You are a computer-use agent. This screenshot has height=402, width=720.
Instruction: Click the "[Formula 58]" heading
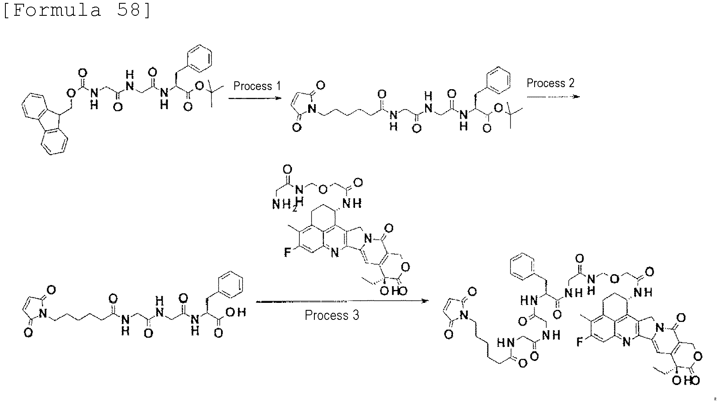(x=77, y=10)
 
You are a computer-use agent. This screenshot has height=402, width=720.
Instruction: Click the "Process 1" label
(x=257, y=86)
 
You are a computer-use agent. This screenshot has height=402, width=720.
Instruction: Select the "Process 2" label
(x=550, y=83)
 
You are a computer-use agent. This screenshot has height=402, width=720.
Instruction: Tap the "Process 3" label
(x=332, y=315)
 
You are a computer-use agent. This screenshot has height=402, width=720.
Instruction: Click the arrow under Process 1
(x=253, y=98)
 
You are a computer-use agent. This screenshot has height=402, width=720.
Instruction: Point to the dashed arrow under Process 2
(x=553, y=96)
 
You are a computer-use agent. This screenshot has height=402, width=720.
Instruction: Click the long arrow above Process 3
(x=342, y=301)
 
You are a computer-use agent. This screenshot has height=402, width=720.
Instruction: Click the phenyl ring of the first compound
(x=199, y=58)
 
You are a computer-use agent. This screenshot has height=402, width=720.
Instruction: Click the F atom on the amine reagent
(x=287, y=252)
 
